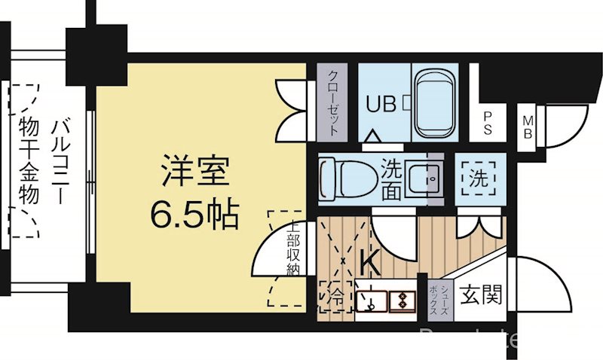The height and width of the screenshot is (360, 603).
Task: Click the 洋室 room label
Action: (x=194, y=172)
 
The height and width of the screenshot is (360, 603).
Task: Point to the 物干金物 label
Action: (x=29, y=161)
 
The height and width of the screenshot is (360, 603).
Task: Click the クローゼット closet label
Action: (x=332, y=102)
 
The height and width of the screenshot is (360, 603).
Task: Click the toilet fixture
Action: (x=343, y=179)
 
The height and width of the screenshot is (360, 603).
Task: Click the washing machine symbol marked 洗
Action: (x=479, y=179)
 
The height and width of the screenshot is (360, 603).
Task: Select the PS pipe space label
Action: (x=489, y=122)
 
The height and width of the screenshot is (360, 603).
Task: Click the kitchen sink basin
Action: (x=370, y=301)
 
